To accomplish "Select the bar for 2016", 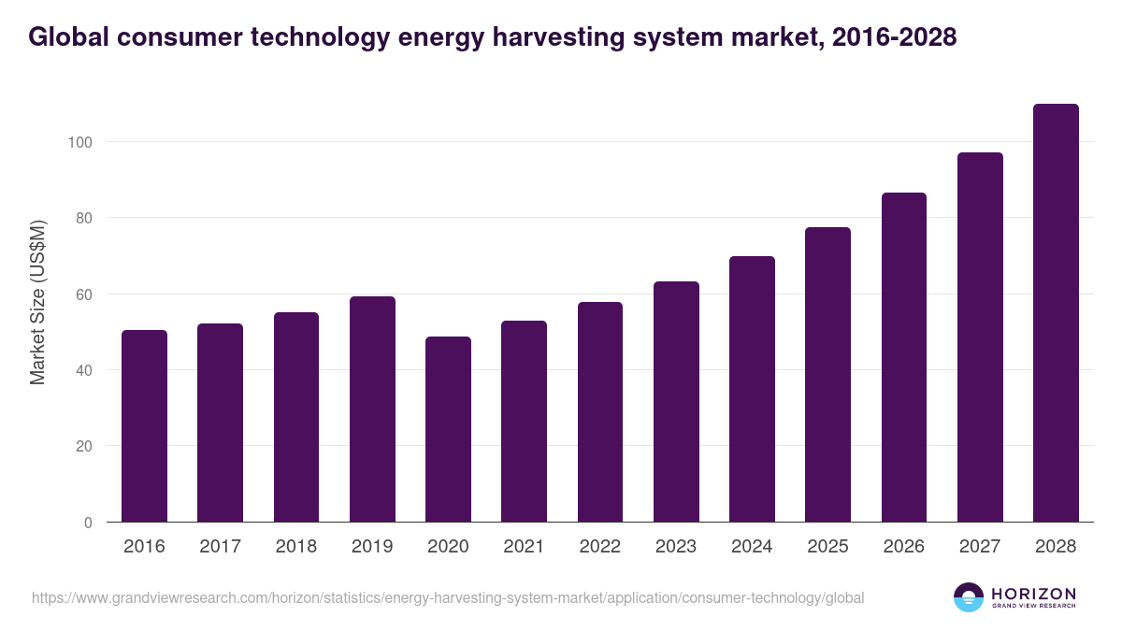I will click(x=144, y=426).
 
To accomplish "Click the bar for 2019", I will click(x=372, y=409).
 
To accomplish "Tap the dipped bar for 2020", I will click(x=448, y=429).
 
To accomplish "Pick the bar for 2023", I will click(x=676, y=402).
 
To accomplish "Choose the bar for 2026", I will click(x=904, y=357).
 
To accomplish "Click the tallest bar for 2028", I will click(x=1056, y=313).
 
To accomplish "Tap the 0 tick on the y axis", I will click(x=88, y=523).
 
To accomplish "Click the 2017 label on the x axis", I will click(x=220, y=547).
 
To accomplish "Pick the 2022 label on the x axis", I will click(x=599, y=547).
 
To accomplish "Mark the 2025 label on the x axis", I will click(x=827, y=547).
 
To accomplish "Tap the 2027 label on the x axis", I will click(x=980, y=547).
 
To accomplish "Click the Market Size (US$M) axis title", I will click(x=37, y=302).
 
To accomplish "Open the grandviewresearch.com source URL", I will click(x=448, y=597).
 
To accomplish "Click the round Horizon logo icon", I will click(x=969, y=597).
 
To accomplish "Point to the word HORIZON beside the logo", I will click(x=1033, y=593).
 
